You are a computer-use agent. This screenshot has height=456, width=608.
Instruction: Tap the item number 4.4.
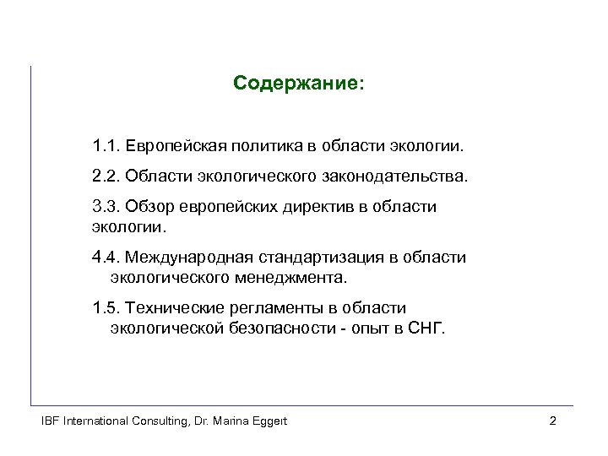pyautogui.click(x=106, y=257)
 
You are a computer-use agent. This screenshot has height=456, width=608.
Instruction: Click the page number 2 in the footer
pyautogui.click(x=551, y=421)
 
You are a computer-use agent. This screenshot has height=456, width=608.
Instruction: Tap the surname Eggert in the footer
pyautogui.click(x=267, y=421)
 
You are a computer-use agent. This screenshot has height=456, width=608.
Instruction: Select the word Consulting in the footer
pyautogui.click(x=137, y=421)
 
